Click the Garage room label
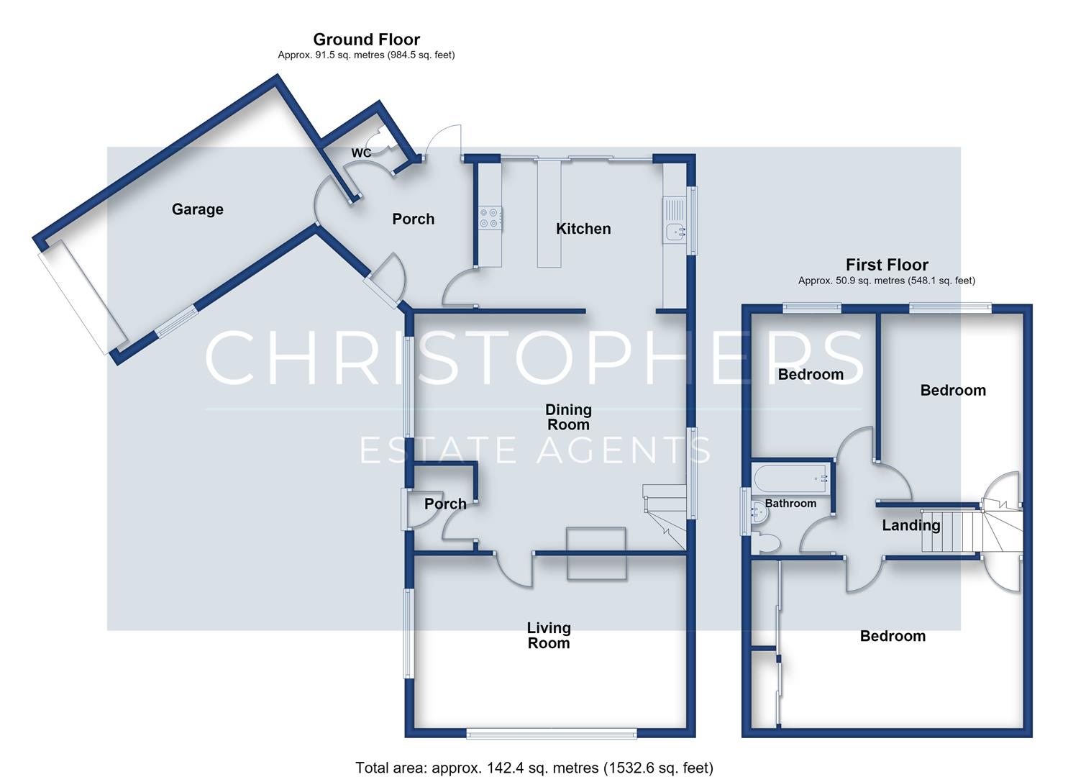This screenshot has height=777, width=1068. pyautogui.click(x=197, y=209)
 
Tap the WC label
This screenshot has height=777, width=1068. pyautogui.click(x=361, y=153)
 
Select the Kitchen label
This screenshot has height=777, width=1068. pyautogui.click(x=583, y=229)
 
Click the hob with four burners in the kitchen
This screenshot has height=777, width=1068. pyautogui.click(x=490, y=218)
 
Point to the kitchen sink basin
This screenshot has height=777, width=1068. pyautogui.click(x=675, y=232)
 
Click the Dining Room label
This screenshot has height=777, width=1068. pyautogui.click(x=568, y=417)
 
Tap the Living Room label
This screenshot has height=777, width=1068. pyautogui.click(x=549, y=635)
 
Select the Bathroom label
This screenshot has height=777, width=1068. pyautogui.click(x=790, y=503)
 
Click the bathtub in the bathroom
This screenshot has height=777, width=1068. pyautogui.click(x=791, y=478)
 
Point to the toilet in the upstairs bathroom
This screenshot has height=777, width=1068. pyautogui.click(x=767, y=543)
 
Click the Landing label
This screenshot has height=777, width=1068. pyautogui.click(x=911, y=525)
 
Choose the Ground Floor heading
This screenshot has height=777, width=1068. pyautogui.click(x=366, y=39)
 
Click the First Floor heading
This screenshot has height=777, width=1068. pyautogui.click(x=887, y=265)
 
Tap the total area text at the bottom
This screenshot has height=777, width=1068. pyautogui.click(x=534, y=768)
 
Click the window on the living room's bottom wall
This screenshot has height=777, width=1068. pyautogui.click(x=551, y=733)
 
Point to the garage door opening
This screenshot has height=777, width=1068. pyautogui.click(x=82, y=297)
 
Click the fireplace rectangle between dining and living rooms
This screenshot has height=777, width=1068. pyautogui.click(x=596, y=553)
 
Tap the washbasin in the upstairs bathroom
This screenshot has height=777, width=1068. pyautogui.click(x=759, y=512)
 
